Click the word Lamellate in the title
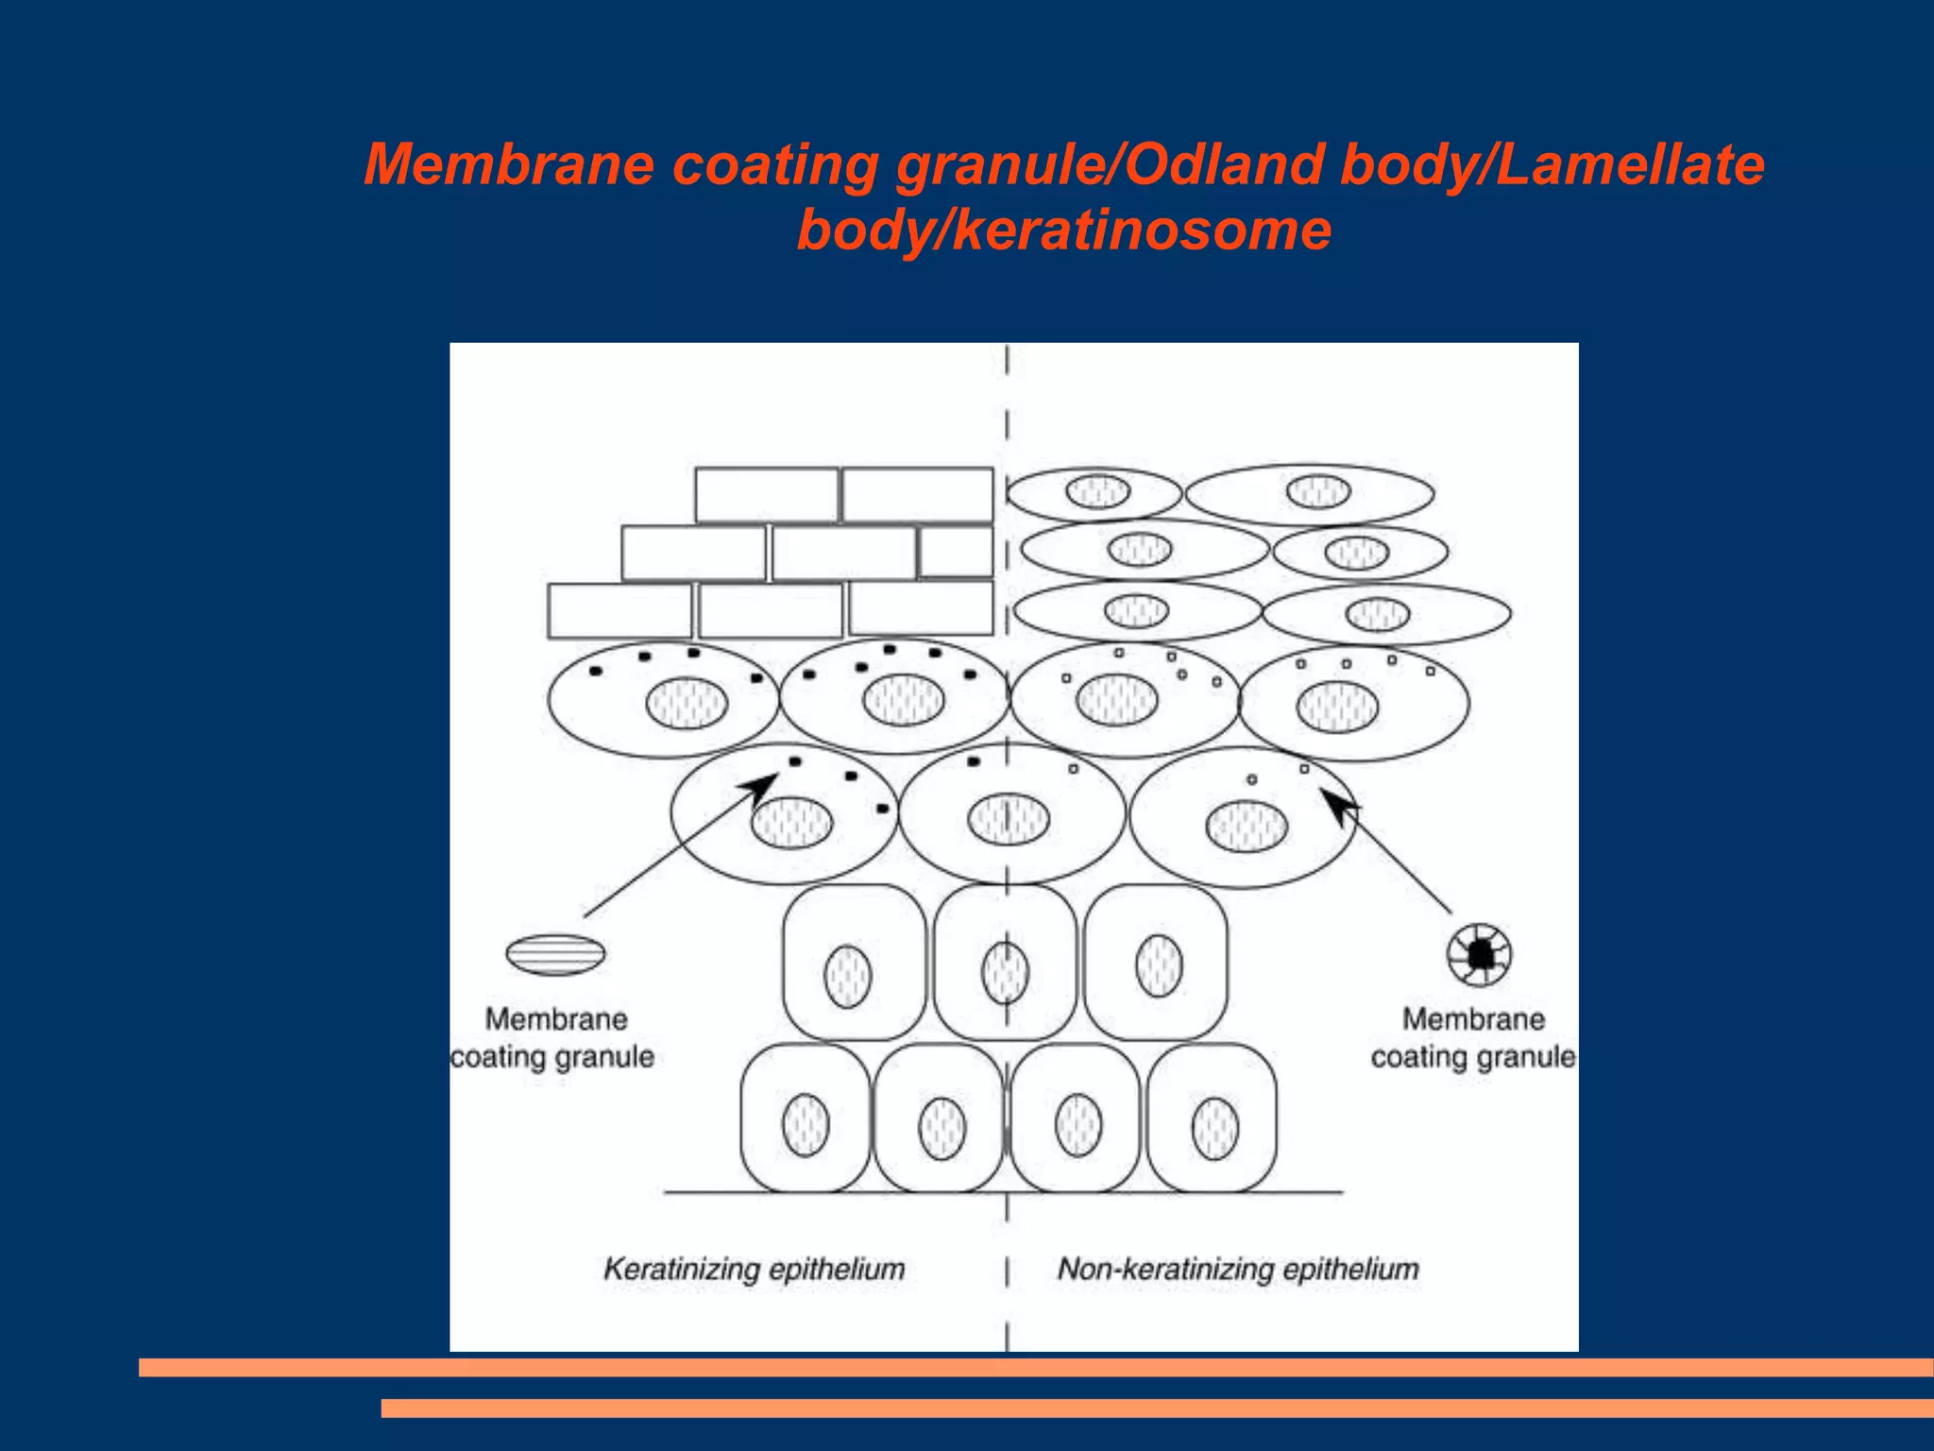1630,165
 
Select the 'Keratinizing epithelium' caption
754,1269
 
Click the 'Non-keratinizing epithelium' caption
1237,1269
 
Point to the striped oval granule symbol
555,954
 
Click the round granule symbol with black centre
1479,954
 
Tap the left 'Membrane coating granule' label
553,1037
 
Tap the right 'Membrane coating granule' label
1473,1037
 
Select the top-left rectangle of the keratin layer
766,494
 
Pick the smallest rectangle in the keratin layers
956,552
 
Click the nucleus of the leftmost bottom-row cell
806,1125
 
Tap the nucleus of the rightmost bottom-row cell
1214,1128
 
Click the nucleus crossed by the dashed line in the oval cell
1009,819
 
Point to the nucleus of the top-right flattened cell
1318,491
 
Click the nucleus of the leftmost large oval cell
687,704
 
